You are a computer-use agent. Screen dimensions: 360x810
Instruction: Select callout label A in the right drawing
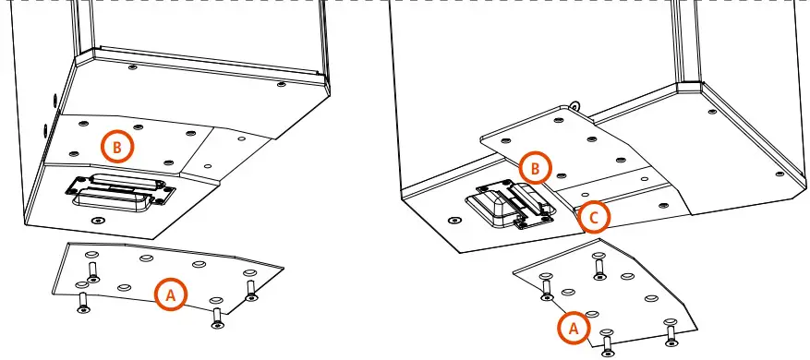coord(572,327)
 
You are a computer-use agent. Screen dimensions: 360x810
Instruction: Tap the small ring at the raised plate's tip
coord(574,104)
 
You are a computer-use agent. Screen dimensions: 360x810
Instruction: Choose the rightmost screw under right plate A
coord(670,332)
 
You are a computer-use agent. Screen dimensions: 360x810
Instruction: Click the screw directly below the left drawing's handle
coord(99,222)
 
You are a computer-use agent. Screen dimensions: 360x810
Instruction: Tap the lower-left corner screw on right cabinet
coord(452,222)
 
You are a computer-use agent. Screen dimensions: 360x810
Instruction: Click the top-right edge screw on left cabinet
coord(282,84)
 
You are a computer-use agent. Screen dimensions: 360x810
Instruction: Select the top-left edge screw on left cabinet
coord(133,67)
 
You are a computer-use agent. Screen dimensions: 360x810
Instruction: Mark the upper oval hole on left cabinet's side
coord(53,97)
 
